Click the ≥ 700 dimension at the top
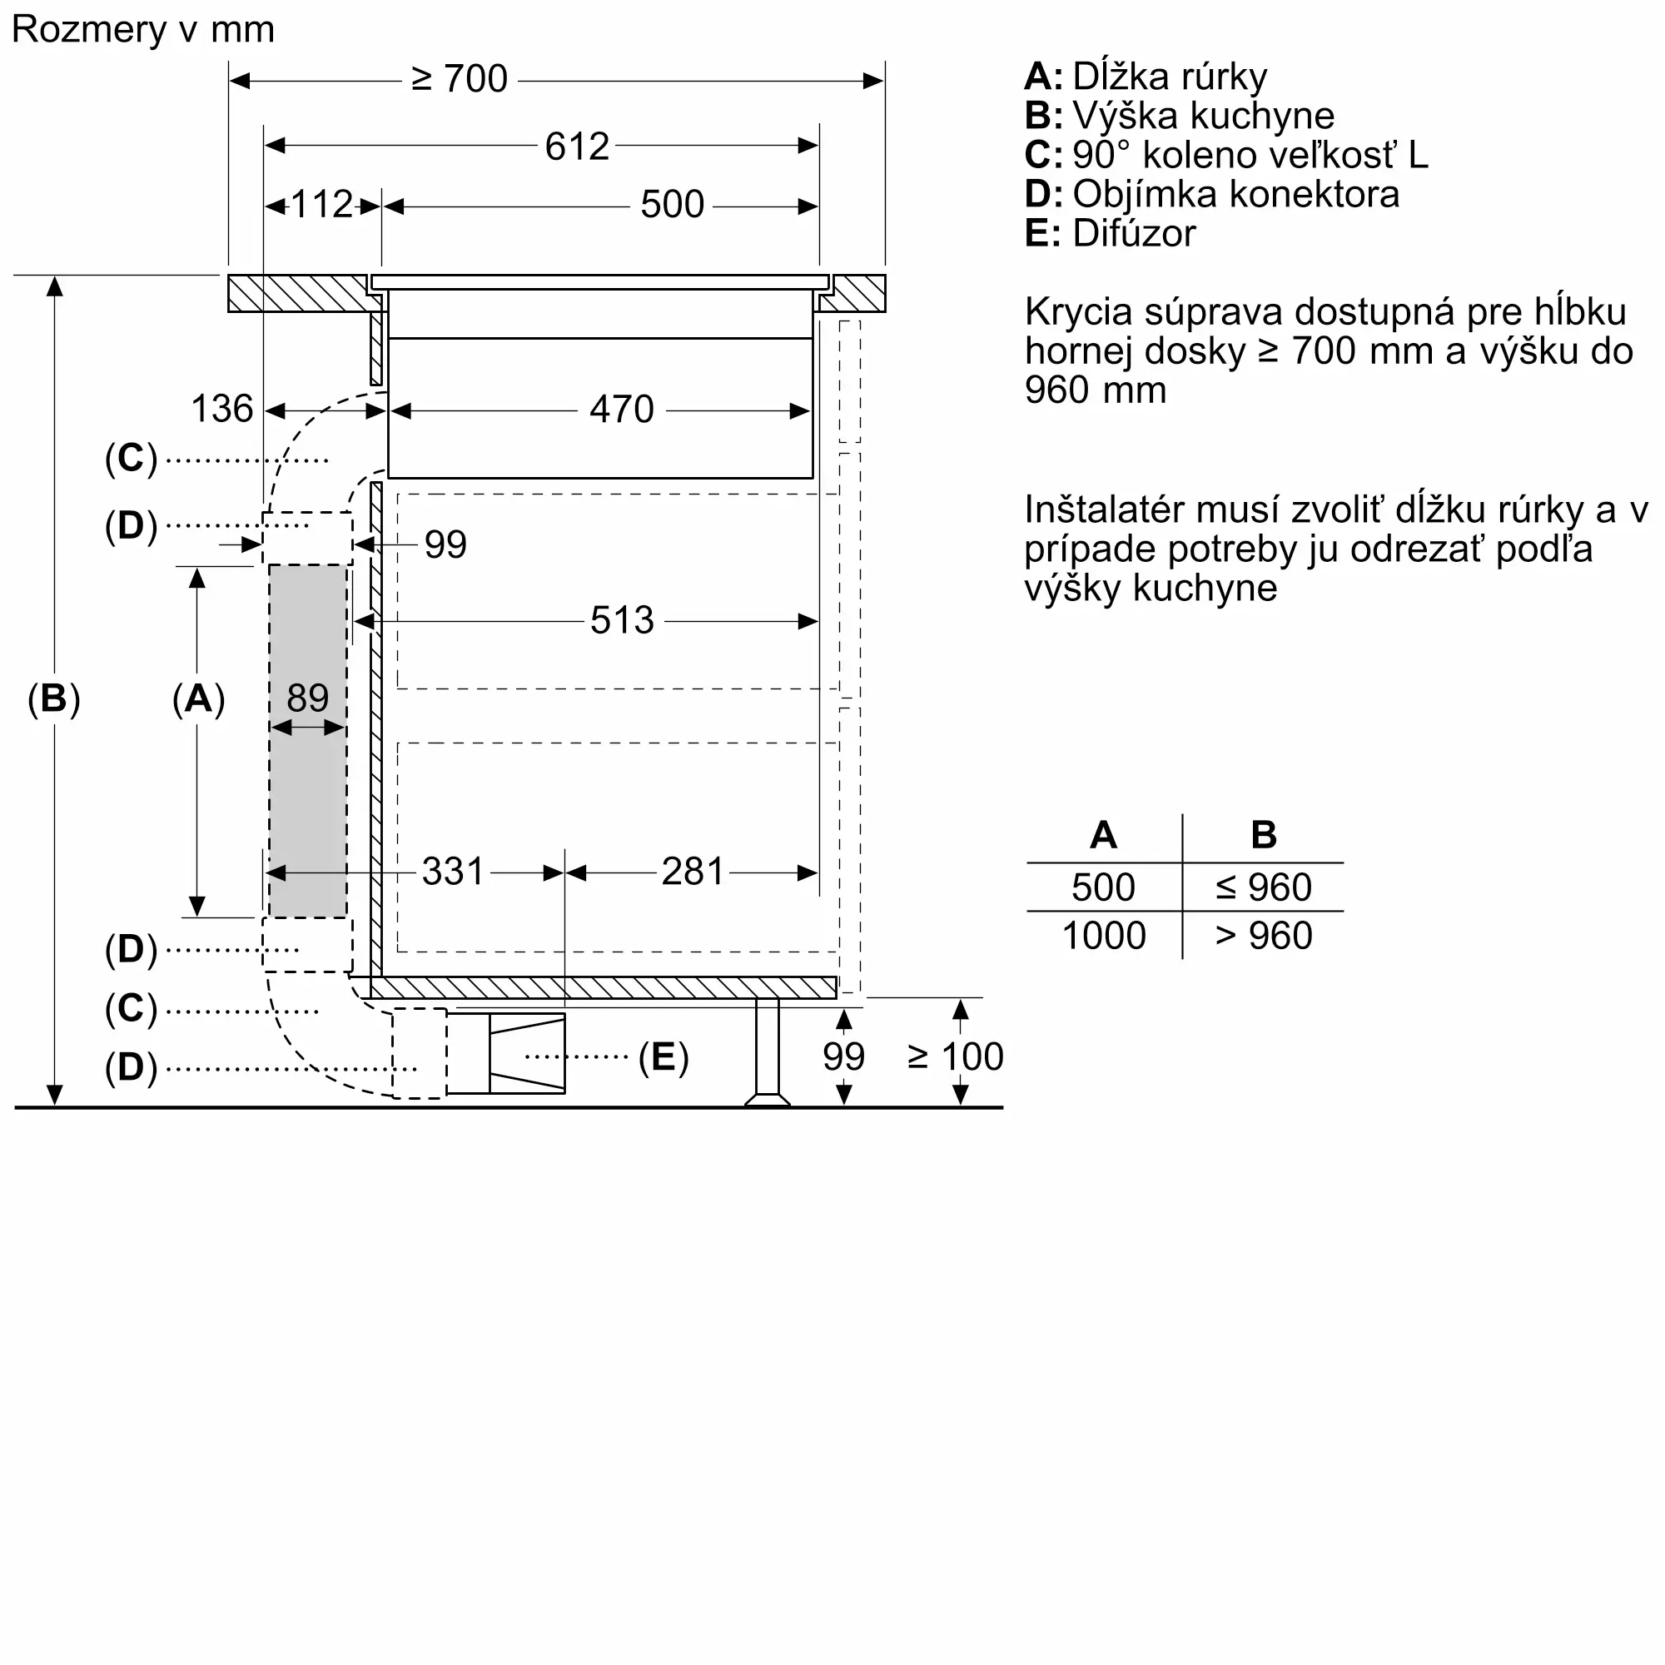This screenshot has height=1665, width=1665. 460,79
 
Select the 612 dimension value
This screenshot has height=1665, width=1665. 577,147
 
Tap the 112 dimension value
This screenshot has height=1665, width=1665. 321,205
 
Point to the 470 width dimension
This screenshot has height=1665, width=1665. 621,410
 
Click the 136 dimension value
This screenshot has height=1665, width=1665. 221,409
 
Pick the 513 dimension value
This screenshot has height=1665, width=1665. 621,620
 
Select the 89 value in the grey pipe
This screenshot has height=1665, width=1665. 308,697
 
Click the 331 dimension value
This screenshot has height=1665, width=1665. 454,872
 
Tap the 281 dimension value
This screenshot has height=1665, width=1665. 692,872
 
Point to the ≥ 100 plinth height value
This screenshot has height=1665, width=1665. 955,1056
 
